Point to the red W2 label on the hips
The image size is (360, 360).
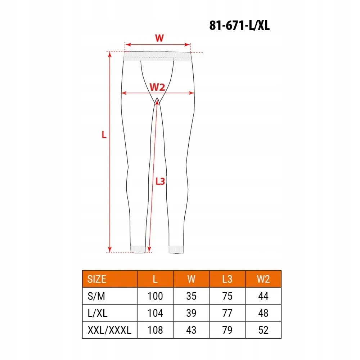157,87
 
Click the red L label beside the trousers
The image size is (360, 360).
104,135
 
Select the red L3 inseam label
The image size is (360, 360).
160,181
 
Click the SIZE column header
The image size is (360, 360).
97,279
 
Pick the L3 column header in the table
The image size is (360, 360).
227,279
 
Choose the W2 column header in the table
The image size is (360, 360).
263,279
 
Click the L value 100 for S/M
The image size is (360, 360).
155,296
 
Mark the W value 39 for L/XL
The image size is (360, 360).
191,313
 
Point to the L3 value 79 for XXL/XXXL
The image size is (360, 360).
227,330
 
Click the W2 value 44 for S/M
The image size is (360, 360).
263,296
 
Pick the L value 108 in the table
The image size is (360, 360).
155,330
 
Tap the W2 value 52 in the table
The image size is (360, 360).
263,330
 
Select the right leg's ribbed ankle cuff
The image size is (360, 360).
176,249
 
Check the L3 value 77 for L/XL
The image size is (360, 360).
227,313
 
